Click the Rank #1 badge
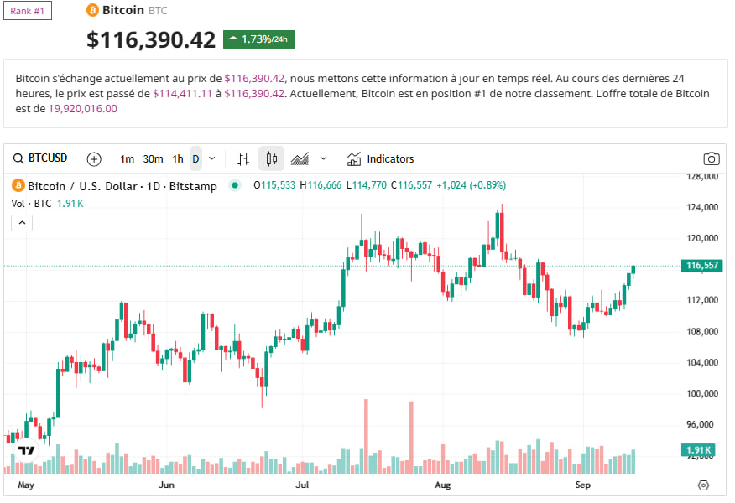coord(28,11)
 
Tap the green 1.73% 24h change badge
coord(258,39)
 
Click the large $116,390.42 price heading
coord(151,39)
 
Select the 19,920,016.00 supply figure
coord(82,108)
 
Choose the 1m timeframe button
coord(127,158)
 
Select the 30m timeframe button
coord(153,158)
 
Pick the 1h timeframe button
coord(178,158)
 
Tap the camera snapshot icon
coord(711,158)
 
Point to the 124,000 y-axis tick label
coord(701,207)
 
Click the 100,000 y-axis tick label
coord(701,393)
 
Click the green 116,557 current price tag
coord(702,266)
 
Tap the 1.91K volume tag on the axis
coord(699,450)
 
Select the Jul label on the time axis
coord(303,485)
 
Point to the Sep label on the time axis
coord(582,485)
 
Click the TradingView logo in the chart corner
coord(26,451)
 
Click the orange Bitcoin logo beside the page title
coord(92,10)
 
